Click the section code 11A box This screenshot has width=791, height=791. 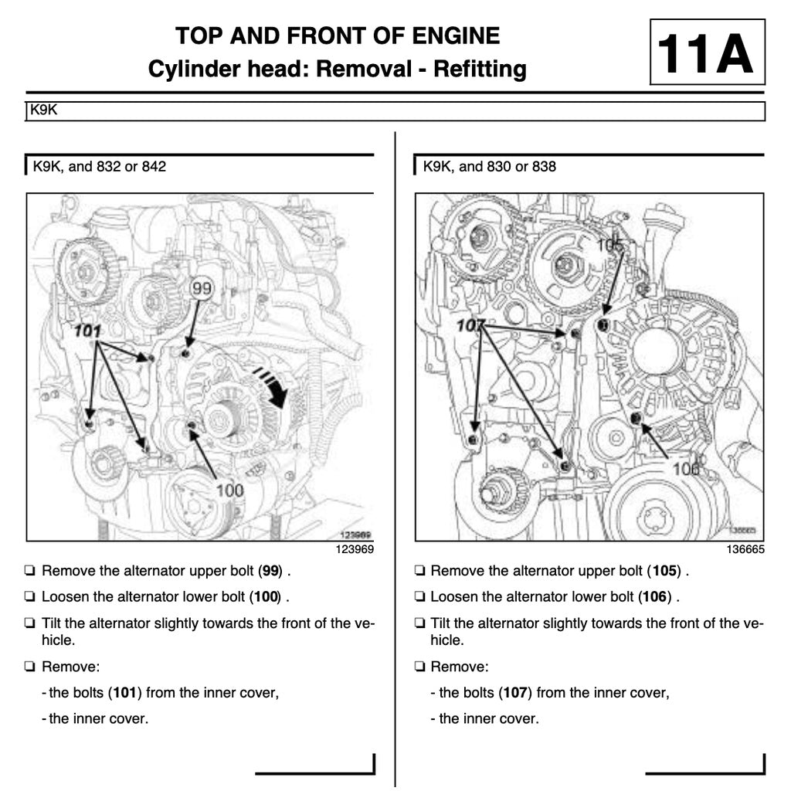tap(707, 52)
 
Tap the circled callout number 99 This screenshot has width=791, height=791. tap(202, 289)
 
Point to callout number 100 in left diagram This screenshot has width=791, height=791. tap(229, 490)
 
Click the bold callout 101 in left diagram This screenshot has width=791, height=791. tap(88, 331)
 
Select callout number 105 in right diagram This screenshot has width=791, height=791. tap(610, 245)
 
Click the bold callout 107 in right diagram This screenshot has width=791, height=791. tap(470, 325)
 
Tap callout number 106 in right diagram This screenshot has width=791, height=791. tap(685, 469)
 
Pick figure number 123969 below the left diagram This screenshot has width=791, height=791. tap(354, 550)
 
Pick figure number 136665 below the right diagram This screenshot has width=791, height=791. tap(744, 550)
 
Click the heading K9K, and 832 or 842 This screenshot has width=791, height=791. tap(99, 166)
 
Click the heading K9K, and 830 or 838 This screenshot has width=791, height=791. tap(489, 166)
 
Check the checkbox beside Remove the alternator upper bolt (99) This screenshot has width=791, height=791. tap(29, 572)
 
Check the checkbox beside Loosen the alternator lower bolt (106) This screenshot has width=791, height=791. tap(419, 597)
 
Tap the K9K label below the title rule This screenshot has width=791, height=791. tap(42, 110)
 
